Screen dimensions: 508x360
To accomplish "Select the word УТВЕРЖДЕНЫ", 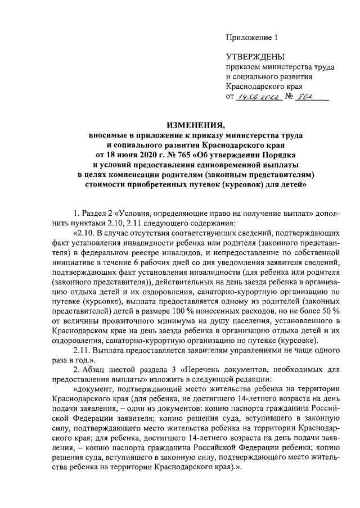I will (x=255, y=57).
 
